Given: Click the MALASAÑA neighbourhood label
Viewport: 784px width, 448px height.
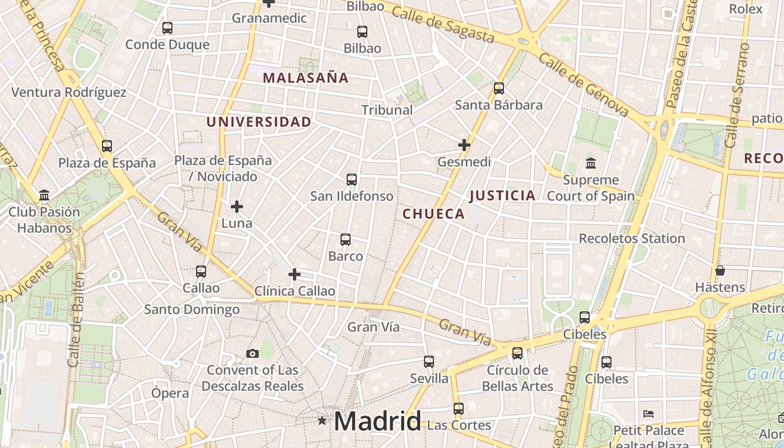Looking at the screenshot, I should tap(306, 78).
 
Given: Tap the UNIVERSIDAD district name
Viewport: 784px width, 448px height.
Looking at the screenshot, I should tap(259, 122).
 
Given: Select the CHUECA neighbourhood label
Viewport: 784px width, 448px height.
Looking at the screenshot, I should tap(433, 213).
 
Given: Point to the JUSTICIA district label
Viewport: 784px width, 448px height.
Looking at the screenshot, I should tap(502, 195).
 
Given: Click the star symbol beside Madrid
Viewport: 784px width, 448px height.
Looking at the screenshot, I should tap(322, 420).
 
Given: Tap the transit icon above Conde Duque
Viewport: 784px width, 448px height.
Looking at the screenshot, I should tap(167, 27).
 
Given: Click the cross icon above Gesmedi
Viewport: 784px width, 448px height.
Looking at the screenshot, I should tap(464, 145).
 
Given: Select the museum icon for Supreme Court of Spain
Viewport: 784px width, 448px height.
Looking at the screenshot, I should tap(590, 164).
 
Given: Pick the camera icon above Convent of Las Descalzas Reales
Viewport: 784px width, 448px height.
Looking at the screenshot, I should tap(253, 353).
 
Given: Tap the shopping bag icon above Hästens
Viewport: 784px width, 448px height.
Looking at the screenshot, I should tap(720, 271).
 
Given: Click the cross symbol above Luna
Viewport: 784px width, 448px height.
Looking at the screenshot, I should tap(237, 207).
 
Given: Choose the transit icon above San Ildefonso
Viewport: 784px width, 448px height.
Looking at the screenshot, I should tap(352, 180).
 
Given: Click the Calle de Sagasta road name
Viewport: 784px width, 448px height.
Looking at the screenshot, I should tap(443, 25).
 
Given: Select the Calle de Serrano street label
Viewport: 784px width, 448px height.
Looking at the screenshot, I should tap(738, 95).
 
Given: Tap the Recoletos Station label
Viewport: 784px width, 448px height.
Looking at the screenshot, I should tap(632, 238).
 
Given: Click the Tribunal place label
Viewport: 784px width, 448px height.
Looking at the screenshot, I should tap(387, 110).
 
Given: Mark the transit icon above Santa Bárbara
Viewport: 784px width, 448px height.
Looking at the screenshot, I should tap(498, 88).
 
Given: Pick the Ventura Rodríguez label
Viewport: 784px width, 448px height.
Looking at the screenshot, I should tap(69, 92).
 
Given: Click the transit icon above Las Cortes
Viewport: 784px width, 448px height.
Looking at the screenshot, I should tap(459, 408).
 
